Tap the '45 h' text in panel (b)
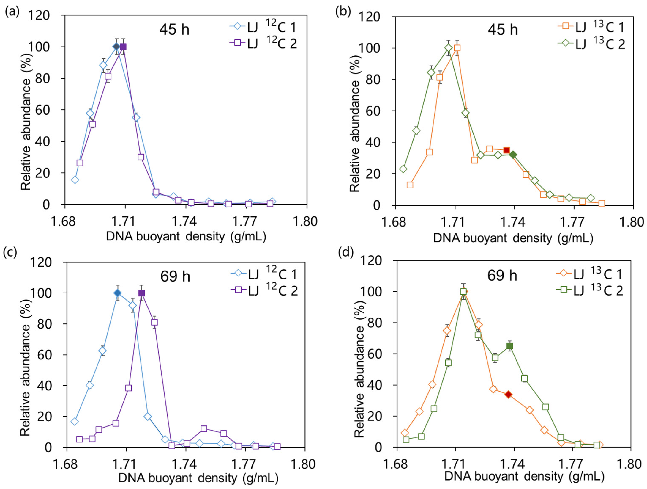[502, 30]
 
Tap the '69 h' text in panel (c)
[175, 277]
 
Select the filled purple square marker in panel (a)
[123, 47]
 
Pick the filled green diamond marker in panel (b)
[513, 155]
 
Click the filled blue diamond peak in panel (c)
[117, 293]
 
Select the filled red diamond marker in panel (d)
[508, 394]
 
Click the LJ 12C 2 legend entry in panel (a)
[263, 44]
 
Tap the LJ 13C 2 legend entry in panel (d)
[589, 291]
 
